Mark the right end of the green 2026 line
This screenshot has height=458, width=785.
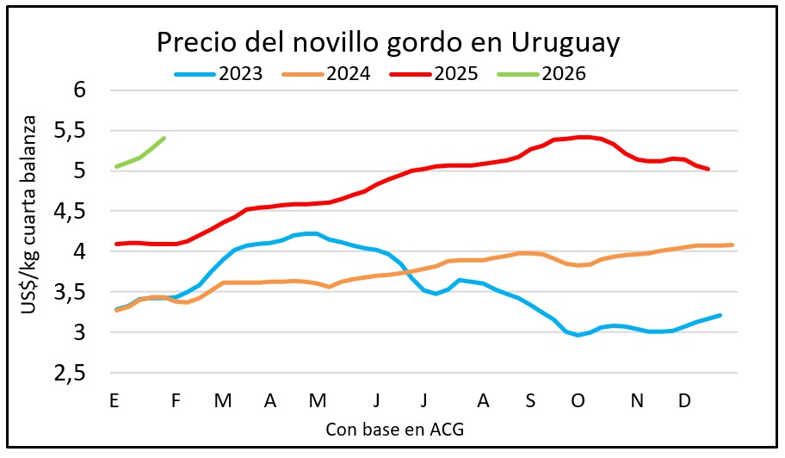pyautogui.click(x=164, y=138)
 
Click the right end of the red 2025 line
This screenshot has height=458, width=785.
pyautogui.click(x=708, y=169)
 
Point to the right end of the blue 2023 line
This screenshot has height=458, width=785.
pyautogui.click(x=720, y=315)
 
